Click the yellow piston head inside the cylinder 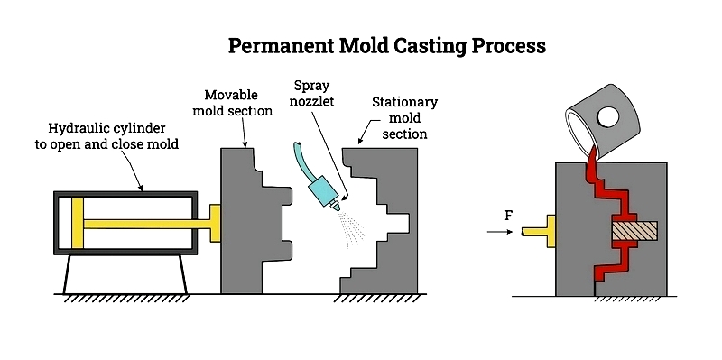coord(78,222)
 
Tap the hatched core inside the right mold coord(634,232)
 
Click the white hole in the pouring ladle coord(607,117)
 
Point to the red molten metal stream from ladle coord(592,167)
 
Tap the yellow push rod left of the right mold coord(538,232)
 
